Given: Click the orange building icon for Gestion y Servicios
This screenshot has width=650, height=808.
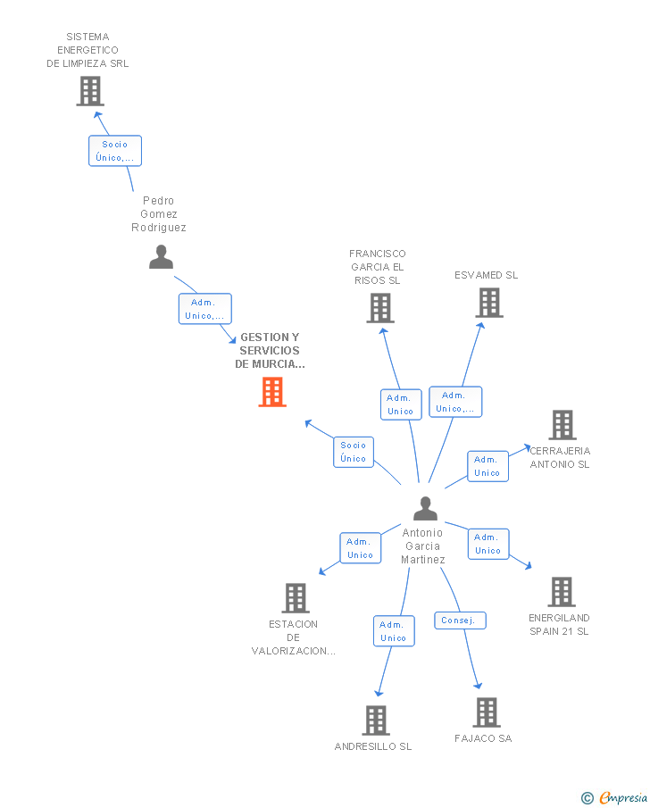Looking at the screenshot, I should (x=272, y=391).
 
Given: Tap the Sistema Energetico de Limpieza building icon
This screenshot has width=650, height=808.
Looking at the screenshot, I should (x=89, y=91).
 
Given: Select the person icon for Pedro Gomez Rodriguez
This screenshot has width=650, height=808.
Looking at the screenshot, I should (x=161, y=257).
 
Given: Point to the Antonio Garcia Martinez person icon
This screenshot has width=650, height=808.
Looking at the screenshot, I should (x=425, y=509).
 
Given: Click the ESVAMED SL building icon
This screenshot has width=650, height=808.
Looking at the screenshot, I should (x=488, y=304).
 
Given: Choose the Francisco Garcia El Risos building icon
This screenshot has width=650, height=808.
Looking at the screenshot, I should (x=380, y=308).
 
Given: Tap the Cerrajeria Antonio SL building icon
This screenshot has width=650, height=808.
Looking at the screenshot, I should (x=562, y=425).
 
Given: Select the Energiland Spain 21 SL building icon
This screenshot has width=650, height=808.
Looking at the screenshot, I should (x=561, y=591).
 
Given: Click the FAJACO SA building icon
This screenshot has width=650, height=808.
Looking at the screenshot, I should (x=487, y=712).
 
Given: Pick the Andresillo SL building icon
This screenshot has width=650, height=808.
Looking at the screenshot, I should (x=376, y=720).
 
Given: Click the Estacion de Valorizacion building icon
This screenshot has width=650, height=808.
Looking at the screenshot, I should (x=295, y=598).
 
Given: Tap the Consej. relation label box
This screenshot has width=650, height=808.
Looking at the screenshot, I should (x=461, y=620).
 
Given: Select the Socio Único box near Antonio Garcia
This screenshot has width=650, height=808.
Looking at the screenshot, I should (x=354, y=452).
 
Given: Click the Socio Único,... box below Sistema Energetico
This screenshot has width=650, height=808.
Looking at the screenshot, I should (x=115, y=151).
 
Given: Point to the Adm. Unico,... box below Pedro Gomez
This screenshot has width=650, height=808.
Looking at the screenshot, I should (x=205, y=309).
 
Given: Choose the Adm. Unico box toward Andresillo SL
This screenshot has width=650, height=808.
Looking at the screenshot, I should (x=394, y=631).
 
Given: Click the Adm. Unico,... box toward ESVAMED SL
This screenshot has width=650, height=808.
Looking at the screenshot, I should (x=455, y=402).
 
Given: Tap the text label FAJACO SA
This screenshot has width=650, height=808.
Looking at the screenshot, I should (x=483, y=738).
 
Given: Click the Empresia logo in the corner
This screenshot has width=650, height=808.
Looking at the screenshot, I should (x=616, y=797).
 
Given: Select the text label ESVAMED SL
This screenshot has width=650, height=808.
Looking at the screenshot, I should (x=486, y=275).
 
